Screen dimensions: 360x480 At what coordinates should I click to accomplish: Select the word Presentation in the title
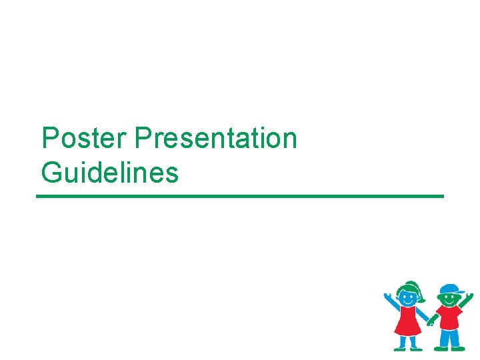click(x=215, y=139)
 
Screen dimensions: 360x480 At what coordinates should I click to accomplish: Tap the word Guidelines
click(x=110, y=173)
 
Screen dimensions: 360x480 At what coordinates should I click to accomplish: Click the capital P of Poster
click(x=49, y=139)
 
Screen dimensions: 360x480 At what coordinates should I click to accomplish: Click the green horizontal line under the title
click(x=240, y=196)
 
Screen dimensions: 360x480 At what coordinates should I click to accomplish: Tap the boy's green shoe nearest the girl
click(x=441, y=347)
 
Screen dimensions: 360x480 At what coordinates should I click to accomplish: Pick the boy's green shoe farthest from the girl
click(x=459, y=347)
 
